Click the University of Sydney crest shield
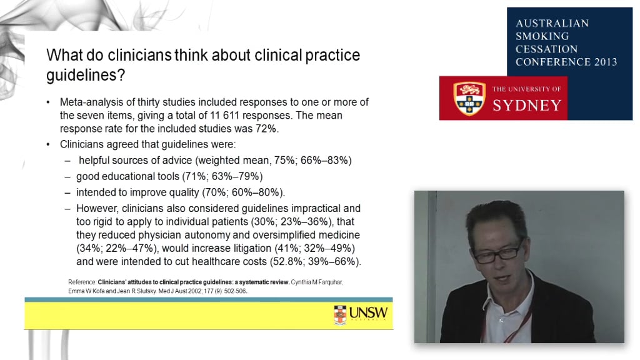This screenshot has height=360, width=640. [469, 98]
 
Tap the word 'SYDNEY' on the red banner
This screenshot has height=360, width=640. [527, 104]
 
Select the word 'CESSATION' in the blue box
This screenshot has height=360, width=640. [546, 49]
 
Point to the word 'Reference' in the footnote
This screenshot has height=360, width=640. [82, 282]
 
